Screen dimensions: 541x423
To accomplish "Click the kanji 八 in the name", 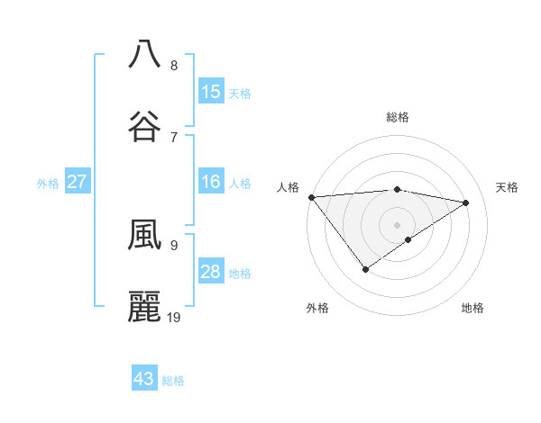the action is (144, 54).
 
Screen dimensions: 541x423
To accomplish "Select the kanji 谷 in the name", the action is (144, 126).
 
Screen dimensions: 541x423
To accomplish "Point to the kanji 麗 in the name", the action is (144, 306).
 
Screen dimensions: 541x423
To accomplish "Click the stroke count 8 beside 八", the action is (174, 66).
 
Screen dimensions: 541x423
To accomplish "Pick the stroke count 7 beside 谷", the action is (174, 137).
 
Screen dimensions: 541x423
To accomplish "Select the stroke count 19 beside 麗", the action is (174, 317).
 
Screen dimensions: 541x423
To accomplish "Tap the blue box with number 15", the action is (210, 92).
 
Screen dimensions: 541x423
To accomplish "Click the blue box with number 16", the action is (210, 182).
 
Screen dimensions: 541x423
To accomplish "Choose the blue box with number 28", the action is (210, 272).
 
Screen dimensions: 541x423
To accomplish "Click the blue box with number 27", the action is (77, 182).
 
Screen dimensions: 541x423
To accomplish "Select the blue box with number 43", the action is (144, 379).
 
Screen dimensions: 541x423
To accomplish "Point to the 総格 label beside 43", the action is (173, 381).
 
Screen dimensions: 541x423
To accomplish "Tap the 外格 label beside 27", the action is (48, 184).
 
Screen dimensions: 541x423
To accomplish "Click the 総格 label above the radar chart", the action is (398, 117).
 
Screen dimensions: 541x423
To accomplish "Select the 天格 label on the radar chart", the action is (508, 187).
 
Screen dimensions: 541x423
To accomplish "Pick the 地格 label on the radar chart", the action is (472, 308).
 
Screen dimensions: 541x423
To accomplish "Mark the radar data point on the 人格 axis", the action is (311, 196).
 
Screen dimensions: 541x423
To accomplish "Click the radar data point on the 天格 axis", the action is (466, 202).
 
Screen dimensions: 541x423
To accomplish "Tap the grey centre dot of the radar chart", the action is (397, 224).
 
